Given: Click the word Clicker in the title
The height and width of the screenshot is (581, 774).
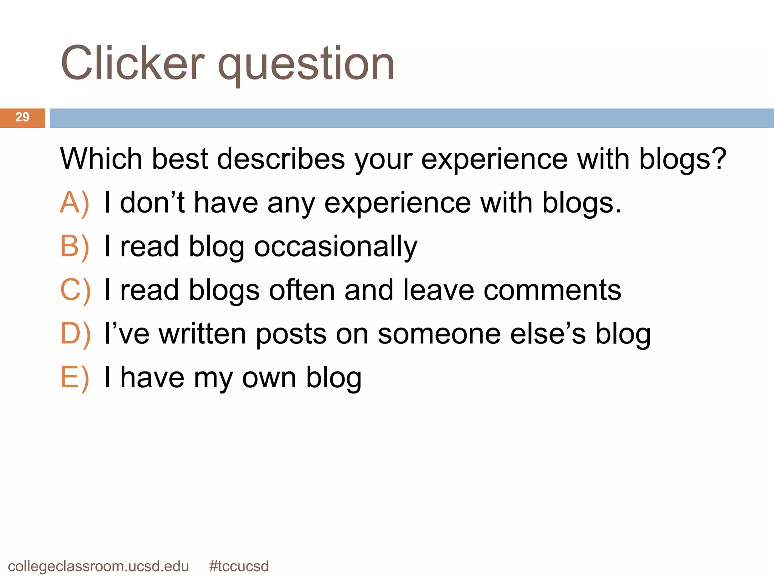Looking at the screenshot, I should [132, 63].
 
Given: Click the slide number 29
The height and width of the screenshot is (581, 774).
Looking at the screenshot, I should [22, 117].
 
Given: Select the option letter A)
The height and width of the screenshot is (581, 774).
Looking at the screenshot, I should [74, 203].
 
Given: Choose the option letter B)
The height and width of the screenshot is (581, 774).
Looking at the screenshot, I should [74, 247].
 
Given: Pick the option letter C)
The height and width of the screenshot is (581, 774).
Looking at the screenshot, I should [75, 290].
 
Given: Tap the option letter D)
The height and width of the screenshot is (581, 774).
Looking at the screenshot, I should [75, 334].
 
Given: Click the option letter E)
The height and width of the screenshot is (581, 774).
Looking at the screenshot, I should [74, 377].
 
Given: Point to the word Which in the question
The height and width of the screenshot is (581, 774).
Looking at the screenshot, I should [101, 159].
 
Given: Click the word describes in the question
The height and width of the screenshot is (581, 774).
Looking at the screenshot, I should [281, 159].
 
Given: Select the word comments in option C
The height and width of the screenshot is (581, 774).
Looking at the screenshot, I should [552, 290].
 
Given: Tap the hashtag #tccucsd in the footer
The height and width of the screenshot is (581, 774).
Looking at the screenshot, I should [238, 566].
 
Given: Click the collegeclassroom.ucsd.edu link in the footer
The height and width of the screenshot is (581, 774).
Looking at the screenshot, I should [98, 567].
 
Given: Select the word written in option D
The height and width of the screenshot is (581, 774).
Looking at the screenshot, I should [202, 334].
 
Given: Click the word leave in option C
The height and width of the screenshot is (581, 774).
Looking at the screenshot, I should [438, 290].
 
